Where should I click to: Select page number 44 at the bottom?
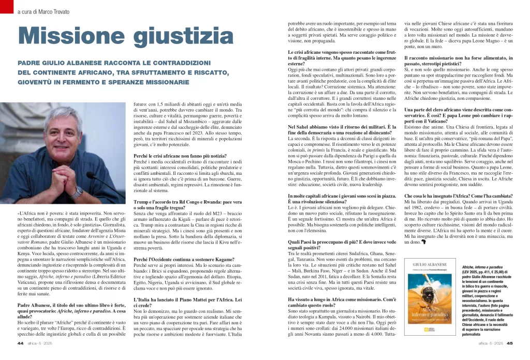[x=21, y=342]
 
